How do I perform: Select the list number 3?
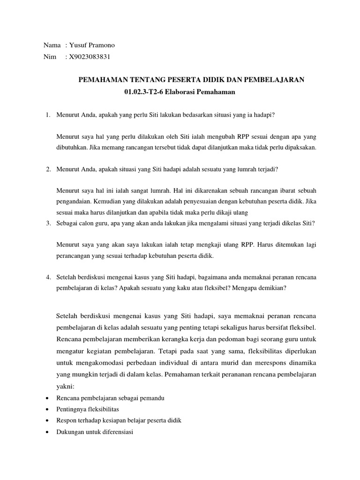click(48, 223)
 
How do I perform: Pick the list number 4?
click(48, 277)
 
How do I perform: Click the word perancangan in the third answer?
click(74, 256)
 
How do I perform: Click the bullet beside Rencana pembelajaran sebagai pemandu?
click(49, 398)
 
